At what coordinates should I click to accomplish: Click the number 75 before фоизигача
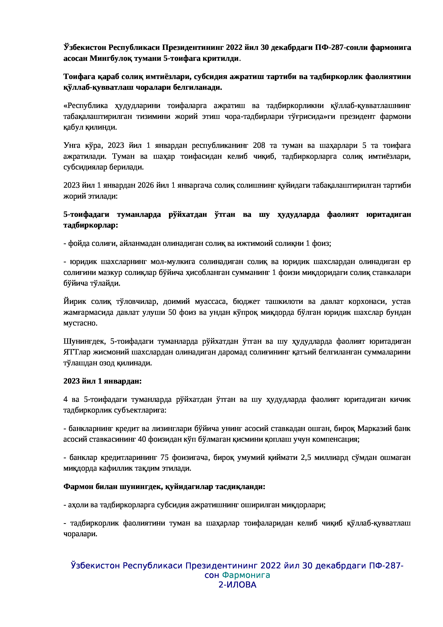pos(165,457)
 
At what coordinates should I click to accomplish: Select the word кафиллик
pos(115,468)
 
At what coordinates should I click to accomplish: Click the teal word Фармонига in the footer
pos(246,575)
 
